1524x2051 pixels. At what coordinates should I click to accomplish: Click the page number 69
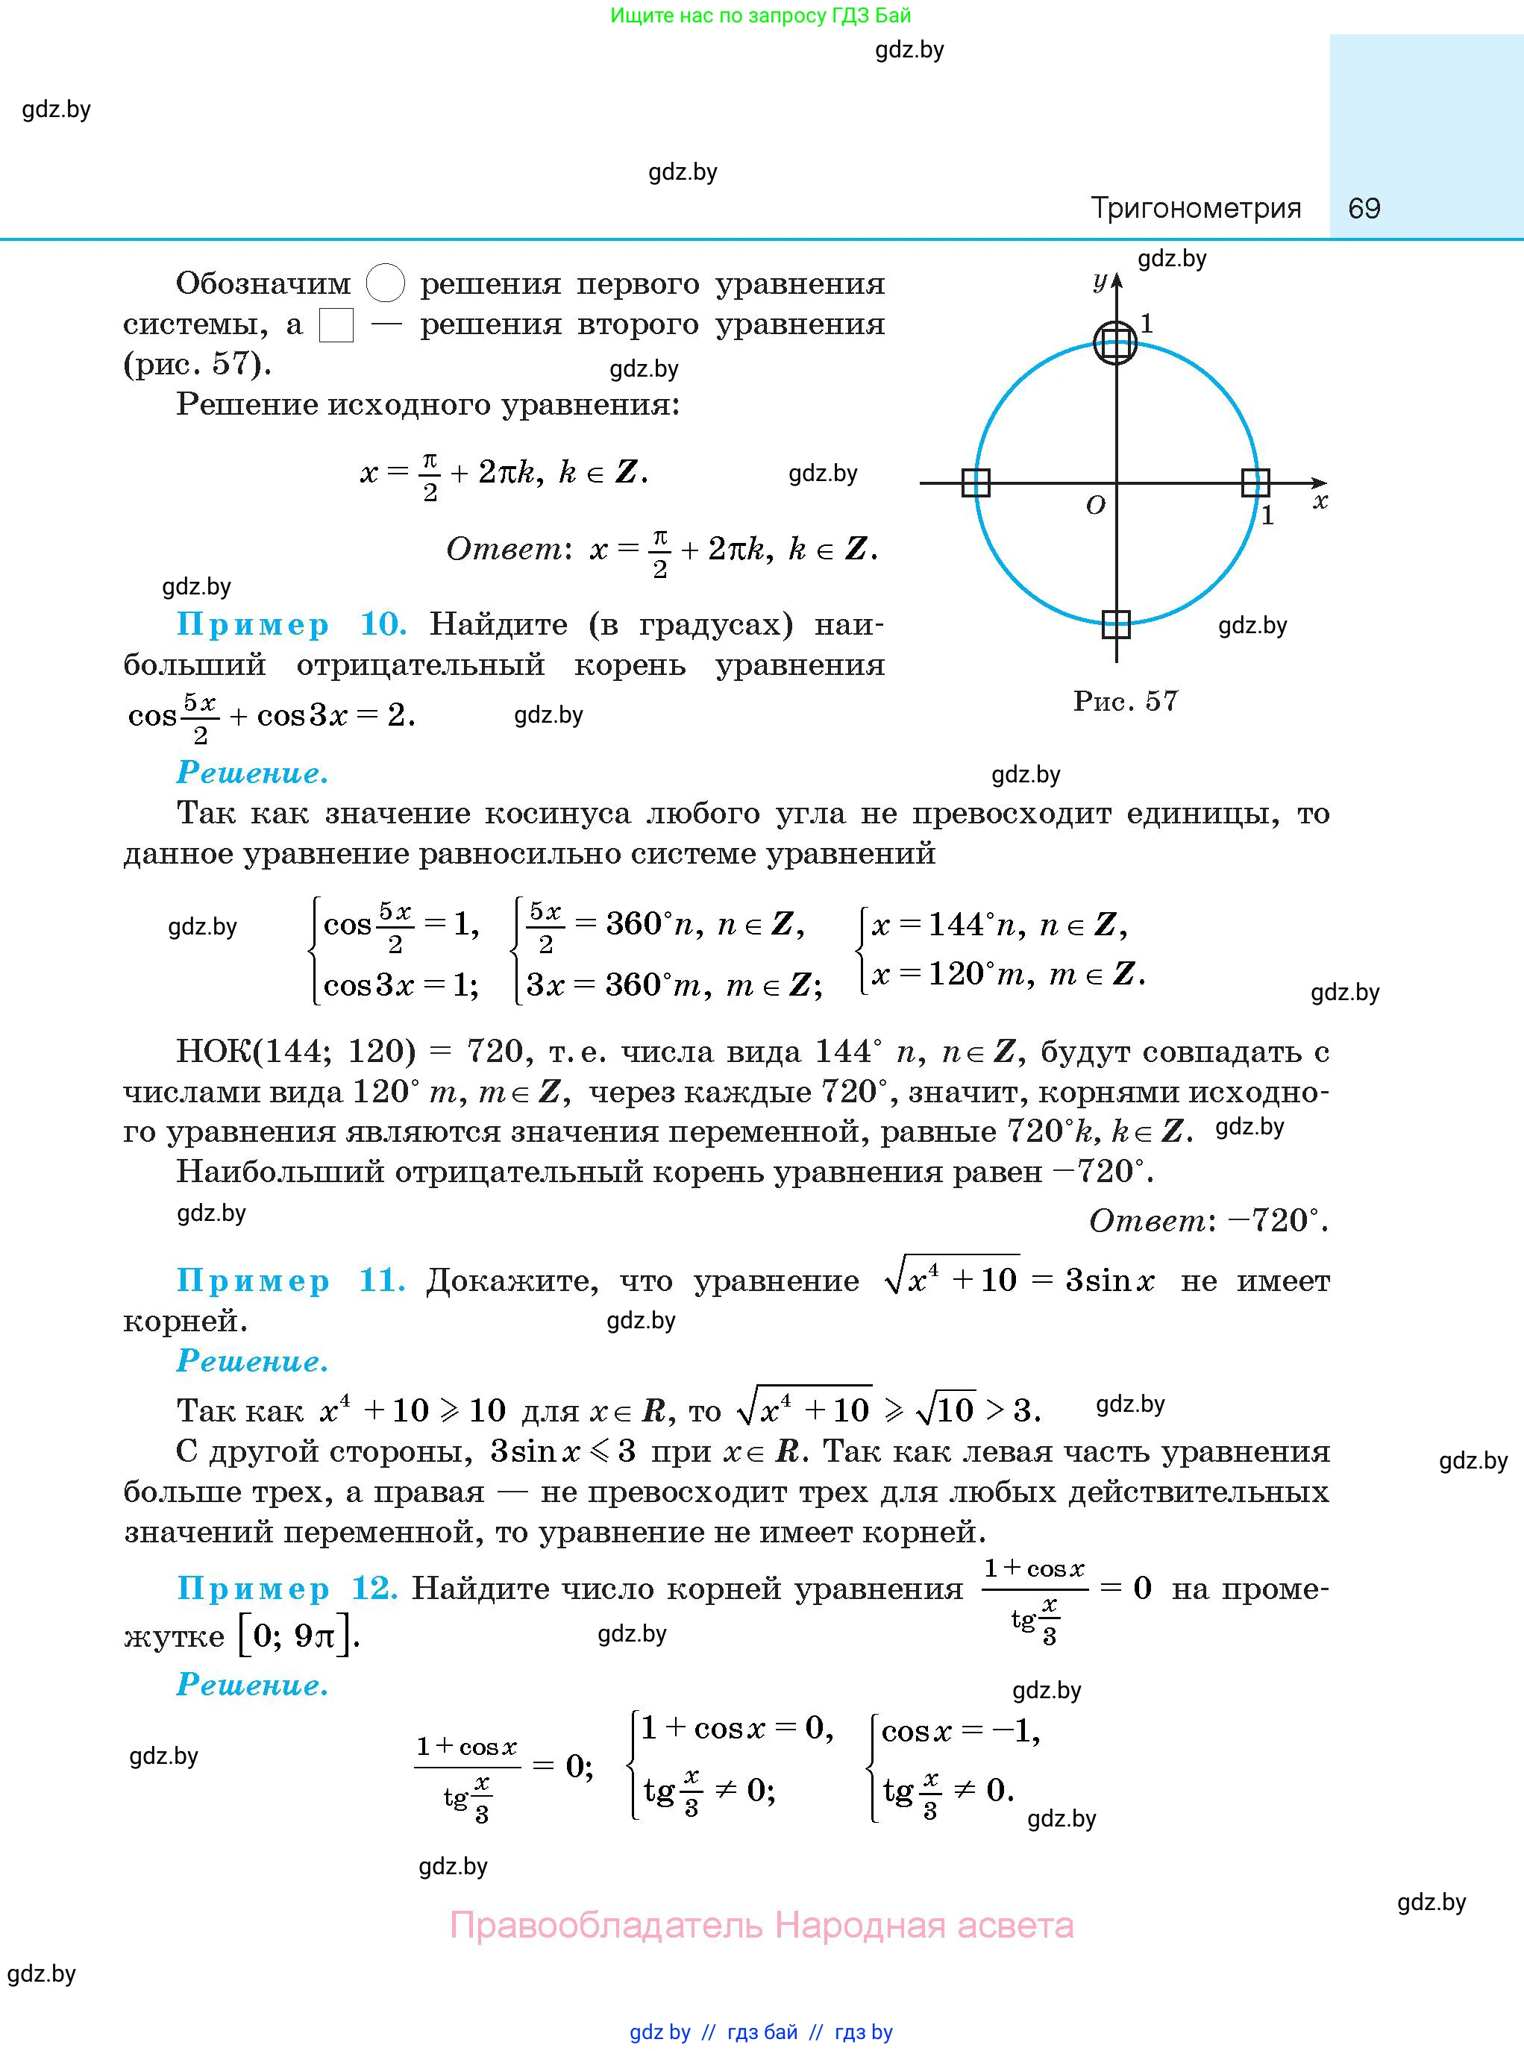coord(1364,208)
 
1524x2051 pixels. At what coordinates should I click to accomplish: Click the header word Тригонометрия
coord(1196,208)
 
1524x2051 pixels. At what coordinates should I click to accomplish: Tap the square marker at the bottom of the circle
coord(1116,624)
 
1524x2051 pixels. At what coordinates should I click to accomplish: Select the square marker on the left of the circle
coord(976,483)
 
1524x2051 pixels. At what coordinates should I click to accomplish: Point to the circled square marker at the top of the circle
coord(1115,343)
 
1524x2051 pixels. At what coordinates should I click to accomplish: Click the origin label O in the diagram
coord(1095,506)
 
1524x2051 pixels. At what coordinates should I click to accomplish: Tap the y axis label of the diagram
coord(1100,281)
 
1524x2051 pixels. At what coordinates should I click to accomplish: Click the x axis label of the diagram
coord(1320,502)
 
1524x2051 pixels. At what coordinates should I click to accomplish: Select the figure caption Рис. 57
coord(1126,701)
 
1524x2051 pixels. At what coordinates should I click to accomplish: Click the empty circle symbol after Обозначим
coord(386,283)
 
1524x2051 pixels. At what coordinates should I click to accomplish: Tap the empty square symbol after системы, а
coord(336,324)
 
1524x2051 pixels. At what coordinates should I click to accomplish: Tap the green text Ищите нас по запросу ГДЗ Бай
coord(761,16)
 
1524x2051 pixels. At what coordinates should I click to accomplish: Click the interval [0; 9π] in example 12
coord(295,1636)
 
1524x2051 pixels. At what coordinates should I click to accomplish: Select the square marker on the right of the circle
coord(1255,483)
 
